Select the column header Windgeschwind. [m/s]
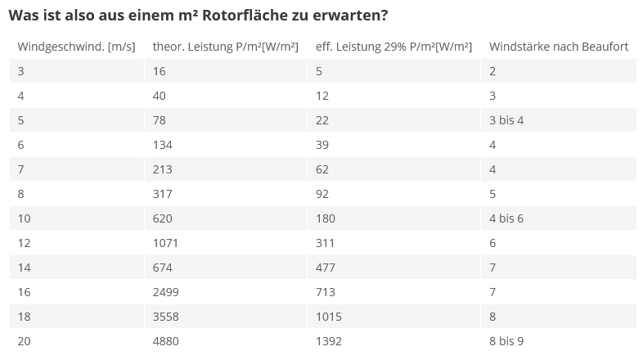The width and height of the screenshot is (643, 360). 76,47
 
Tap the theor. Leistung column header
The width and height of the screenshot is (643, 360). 225,47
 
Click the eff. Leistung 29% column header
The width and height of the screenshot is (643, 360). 393,47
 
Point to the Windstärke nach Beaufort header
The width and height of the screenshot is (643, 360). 559,47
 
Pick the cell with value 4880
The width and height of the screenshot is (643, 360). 165,341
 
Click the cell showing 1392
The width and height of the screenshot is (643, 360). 329,341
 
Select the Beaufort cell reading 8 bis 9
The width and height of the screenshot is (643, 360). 506,341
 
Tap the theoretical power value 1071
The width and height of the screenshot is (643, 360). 165,243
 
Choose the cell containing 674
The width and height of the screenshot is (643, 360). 162,268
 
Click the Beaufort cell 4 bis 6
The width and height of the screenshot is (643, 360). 506,218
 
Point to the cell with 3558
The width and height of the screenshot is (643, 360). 165,317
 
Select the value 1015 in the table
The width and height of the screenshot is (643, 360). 329,317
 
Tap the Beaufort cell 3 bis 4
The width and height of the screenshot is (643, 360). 506,120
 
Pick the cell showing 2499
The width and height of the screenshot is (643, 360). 165,292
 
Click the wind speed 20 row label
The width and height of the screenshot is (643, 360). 25,341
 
